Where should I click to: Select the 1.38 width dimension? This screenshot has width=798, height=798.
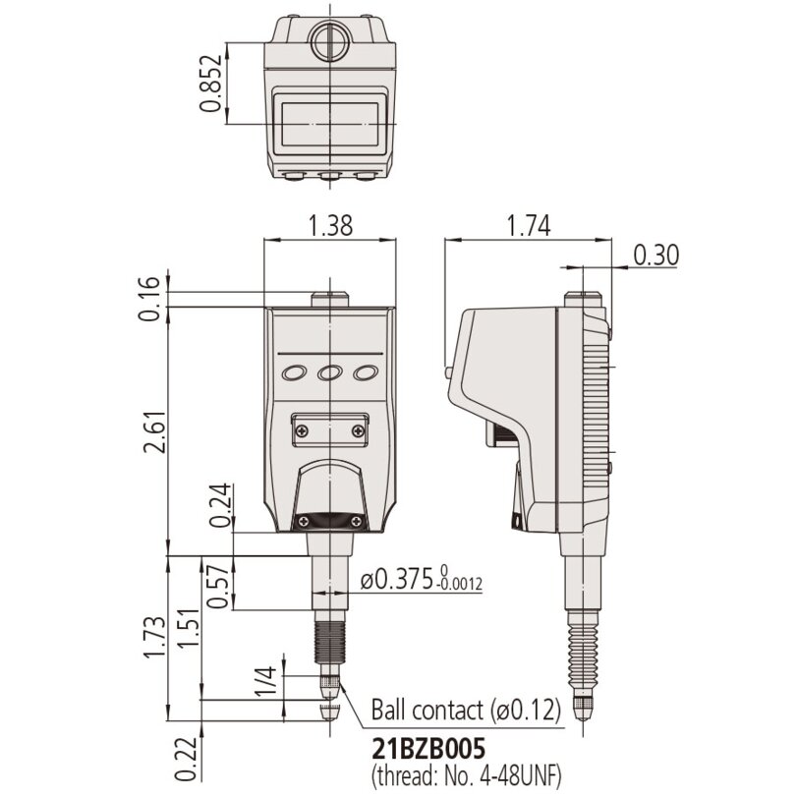329,225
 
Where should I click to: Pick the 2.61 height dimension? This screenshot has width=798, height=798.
149,428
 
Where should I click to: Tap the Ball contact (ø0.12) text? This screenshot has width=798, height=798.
465,709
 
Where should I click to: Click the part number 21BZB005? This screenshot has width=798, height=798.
428,750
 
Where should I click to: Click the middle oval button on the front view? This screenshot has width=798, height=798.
330,373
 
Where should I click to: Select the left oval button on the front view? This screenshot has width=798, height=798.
293,373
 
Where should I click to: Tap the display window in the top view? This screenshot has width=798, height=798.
330,123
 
